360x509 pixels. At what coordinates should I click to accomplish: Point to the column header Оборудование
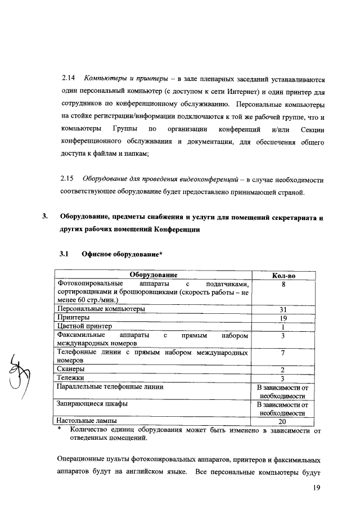click(154, 275)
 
